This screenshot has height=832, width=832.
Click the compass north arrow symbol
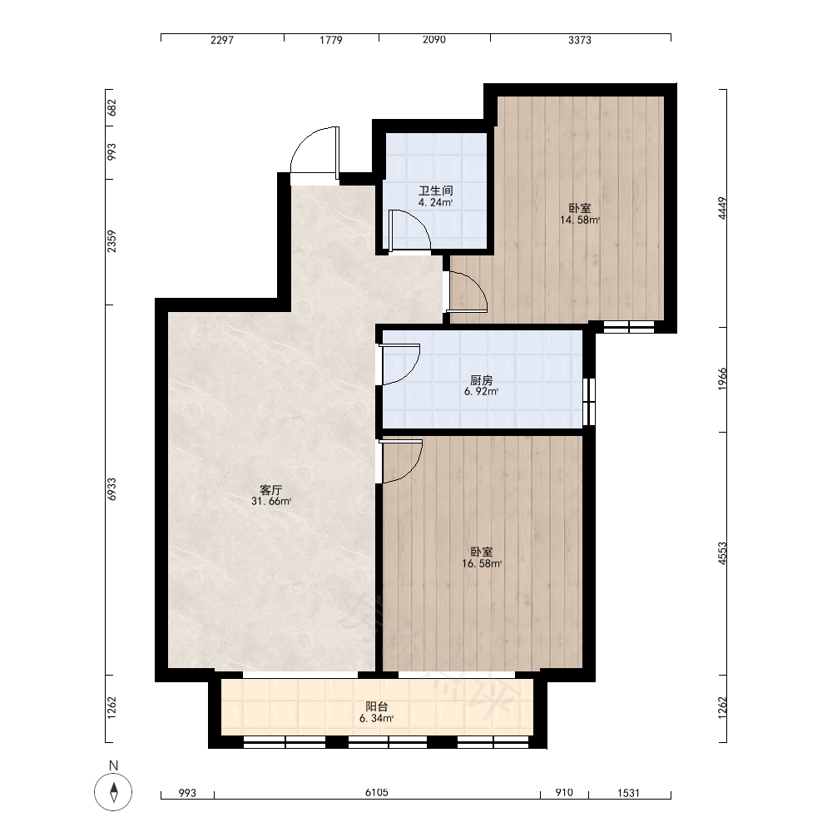coord(113,792)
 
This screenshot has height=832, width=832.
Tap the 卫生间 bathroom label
coord(436,191)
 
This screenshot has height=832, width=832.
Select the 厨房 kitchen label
coord(481,380)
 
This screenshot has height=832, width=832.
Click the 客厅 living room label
coord(270,489)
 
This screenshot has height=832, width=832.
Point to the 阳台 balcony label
coord(377,706)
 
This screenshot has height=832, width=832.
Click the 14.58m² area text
coord(580,220)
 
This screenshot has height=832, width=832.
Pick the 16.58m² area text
coord(482,563)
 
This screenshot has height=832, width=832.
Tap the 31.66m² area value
coord(271,501)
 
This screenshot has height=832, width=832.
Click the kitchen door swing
coord(409,371)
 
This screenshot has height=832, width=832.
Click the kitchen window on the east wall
coord(589,402)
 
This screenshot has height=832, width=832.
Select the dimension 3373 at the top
coord(580,40)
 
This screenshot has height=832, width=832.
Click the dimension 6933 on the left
coord(111,488)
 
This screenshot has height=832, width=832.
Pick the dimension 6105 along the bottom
coord(377,792)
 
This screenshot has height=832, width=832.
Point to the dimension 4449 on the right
coord(722,208)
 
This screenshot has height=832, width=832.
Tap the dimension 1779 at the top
coord(330,40)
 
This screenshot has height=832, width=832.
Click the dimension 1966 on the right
coord(722,379)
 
